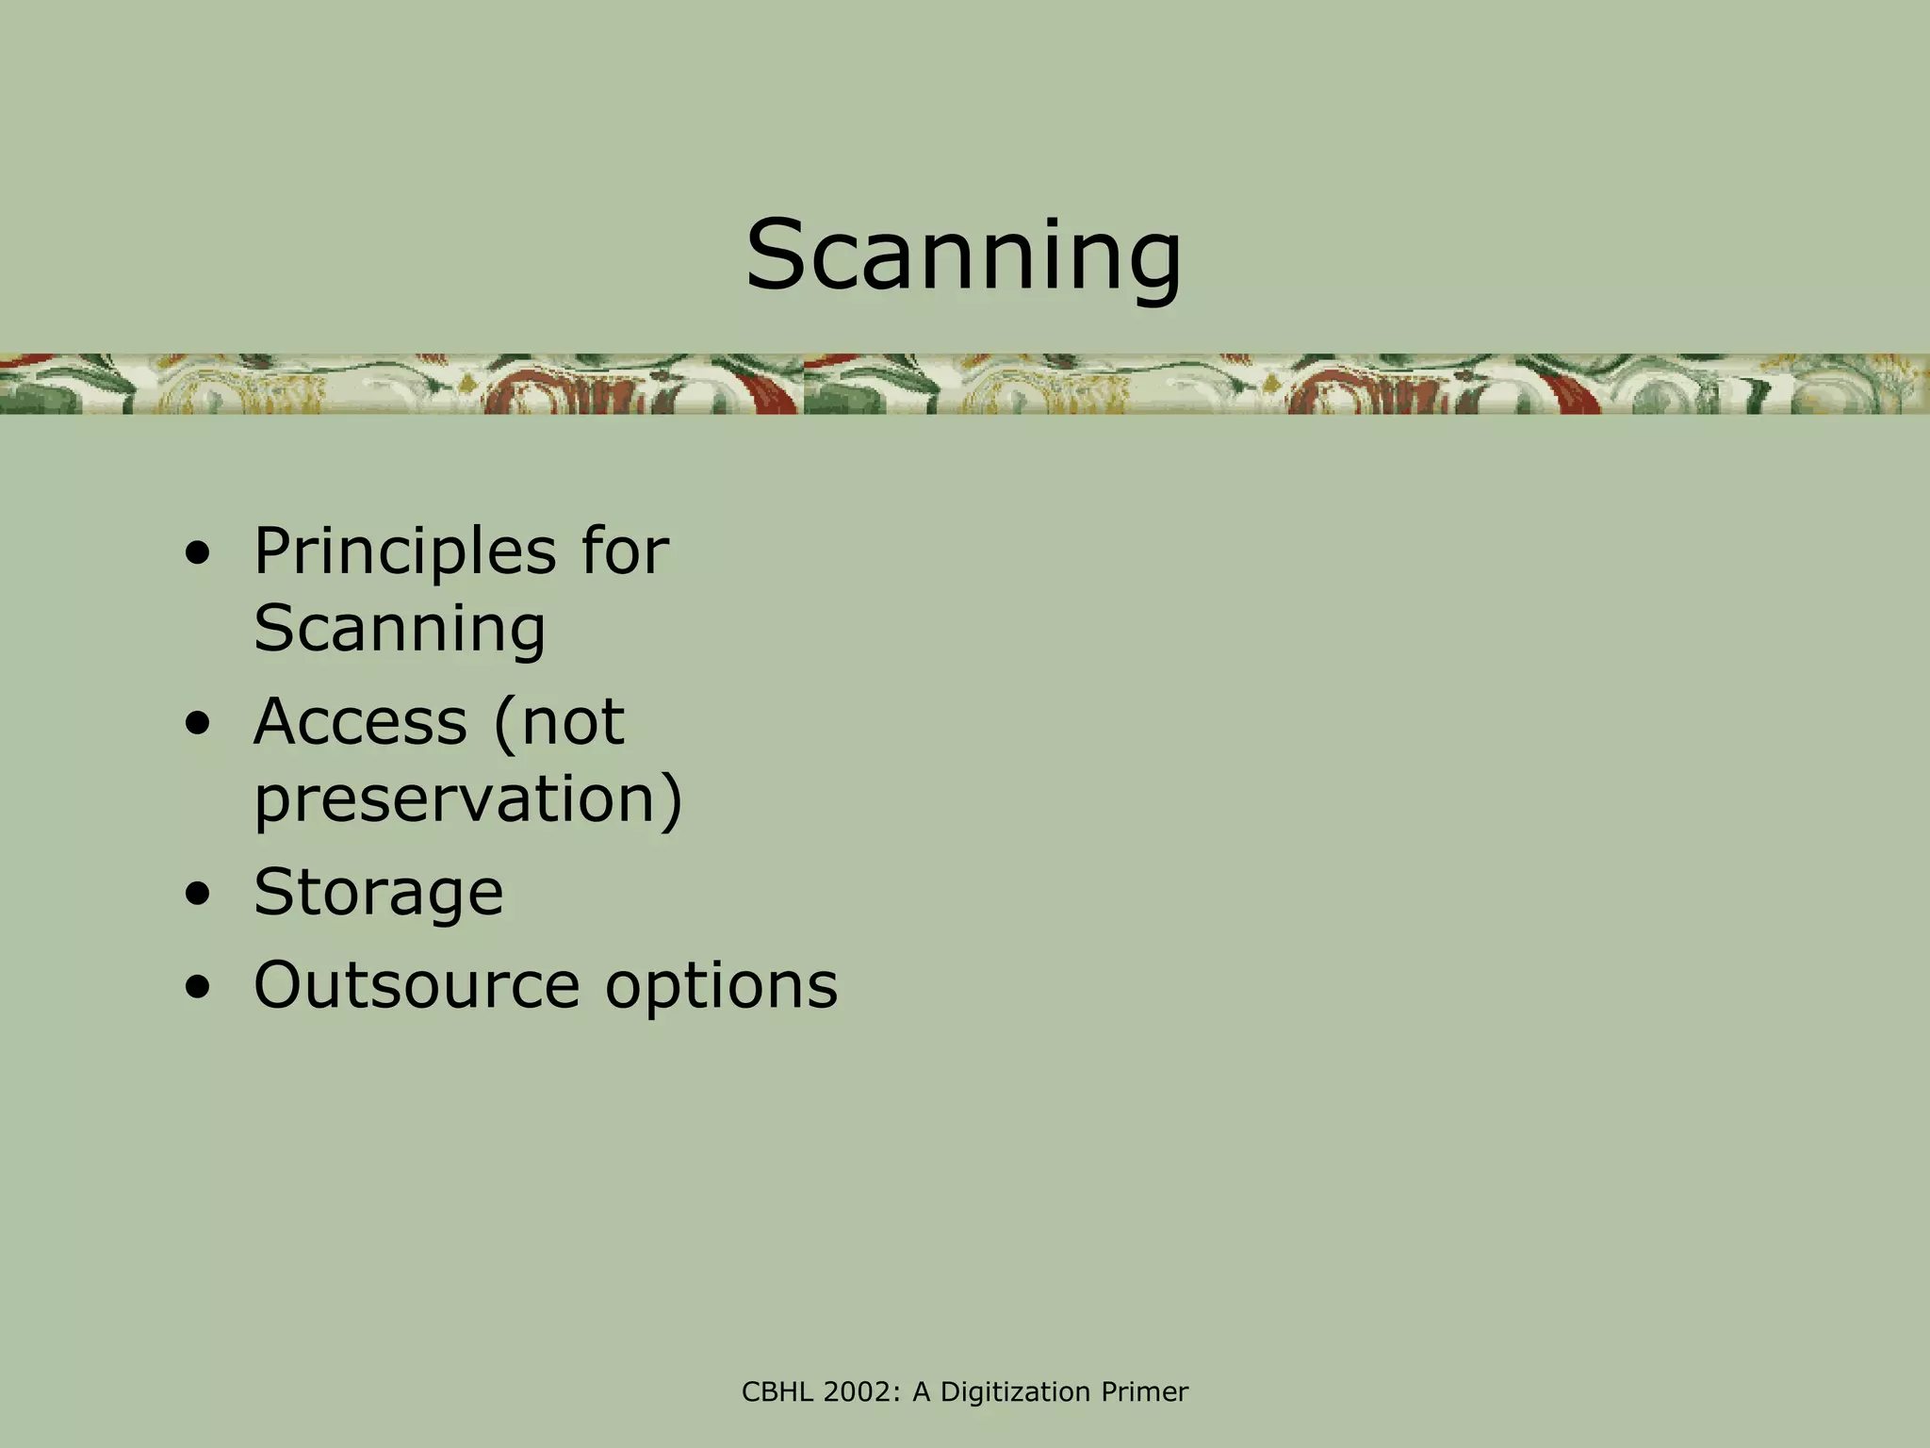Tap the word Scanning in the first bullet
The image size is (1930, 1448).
(x=400, y=629)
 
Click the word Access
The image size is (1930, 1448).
(x=360, y=722)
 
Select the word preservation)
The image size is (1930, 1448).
(x=468, y=799)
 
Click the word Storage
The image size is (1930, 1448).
(x=379, y=892)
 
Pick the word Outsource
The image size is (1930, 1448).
(x=417, y=985)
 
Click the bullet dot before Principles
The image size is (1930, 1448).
(x=198, y=556)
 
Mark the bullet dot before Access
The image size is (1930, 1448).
(x=198, y=726)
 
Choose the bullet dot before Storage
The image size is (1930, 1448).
(x=198, y=895)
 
